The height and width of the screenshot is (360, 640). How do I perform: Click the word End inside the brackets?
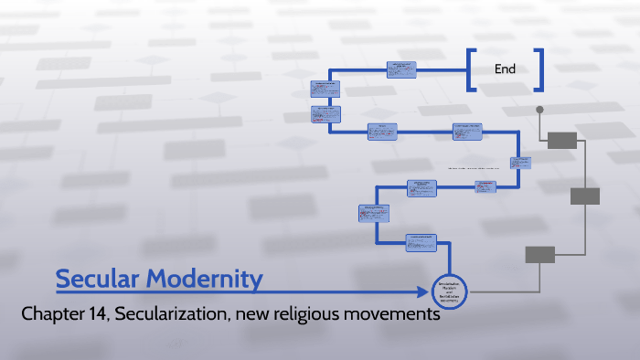[505, 69]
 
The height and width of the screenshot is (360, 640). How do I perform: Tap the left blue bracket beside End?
[471, 69]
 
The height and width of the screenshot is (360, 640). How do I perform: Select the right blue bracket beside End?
[539, 69]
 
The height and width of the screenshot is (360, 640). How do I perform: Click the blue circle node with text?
[448, 292]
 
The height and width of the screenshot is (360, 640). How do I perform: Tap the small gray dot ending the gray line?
[539, 110]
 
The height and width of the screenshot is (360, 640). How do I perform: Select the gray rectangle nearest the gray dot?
[562, 139]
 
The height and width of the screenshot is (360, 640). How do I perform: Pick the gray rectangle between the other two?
[585, 196]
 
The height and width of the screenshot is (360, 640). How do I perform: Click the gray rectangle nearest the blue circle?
[539, 255]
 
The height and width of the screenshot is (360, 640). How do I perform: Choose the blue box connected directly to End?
[401, 69]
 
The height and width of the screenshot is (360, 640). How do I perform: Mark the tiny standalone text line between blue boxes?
[478, 169]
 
